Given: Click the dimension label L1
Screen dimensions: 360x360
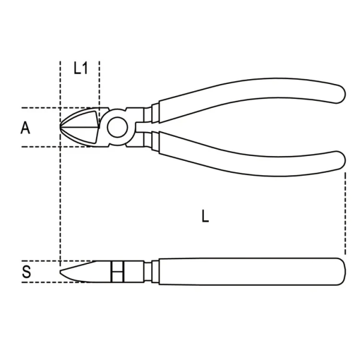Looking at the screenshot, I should [x=80, y=68].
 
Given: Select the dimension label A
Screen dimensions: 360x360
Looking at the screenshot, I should [x=25, y=127].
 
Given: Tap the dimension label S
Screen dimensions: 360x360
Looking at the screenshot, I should [x=26, y=273].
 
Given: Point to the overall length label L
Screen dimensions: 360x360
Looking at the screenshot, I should [x=205, y=217].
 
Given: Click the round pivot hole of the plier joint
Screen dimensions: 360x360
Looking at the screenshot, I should [x=117, y=127].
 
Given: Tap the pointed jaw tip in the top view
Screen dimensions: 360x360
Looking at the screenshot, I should [x=62, y=127].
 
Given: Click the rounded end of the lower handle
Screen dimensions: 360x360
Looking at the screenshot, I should [x=339, y=160].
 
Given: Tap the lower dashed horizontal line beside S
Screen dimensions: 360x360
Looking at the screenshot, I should [x=42, y=282].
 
